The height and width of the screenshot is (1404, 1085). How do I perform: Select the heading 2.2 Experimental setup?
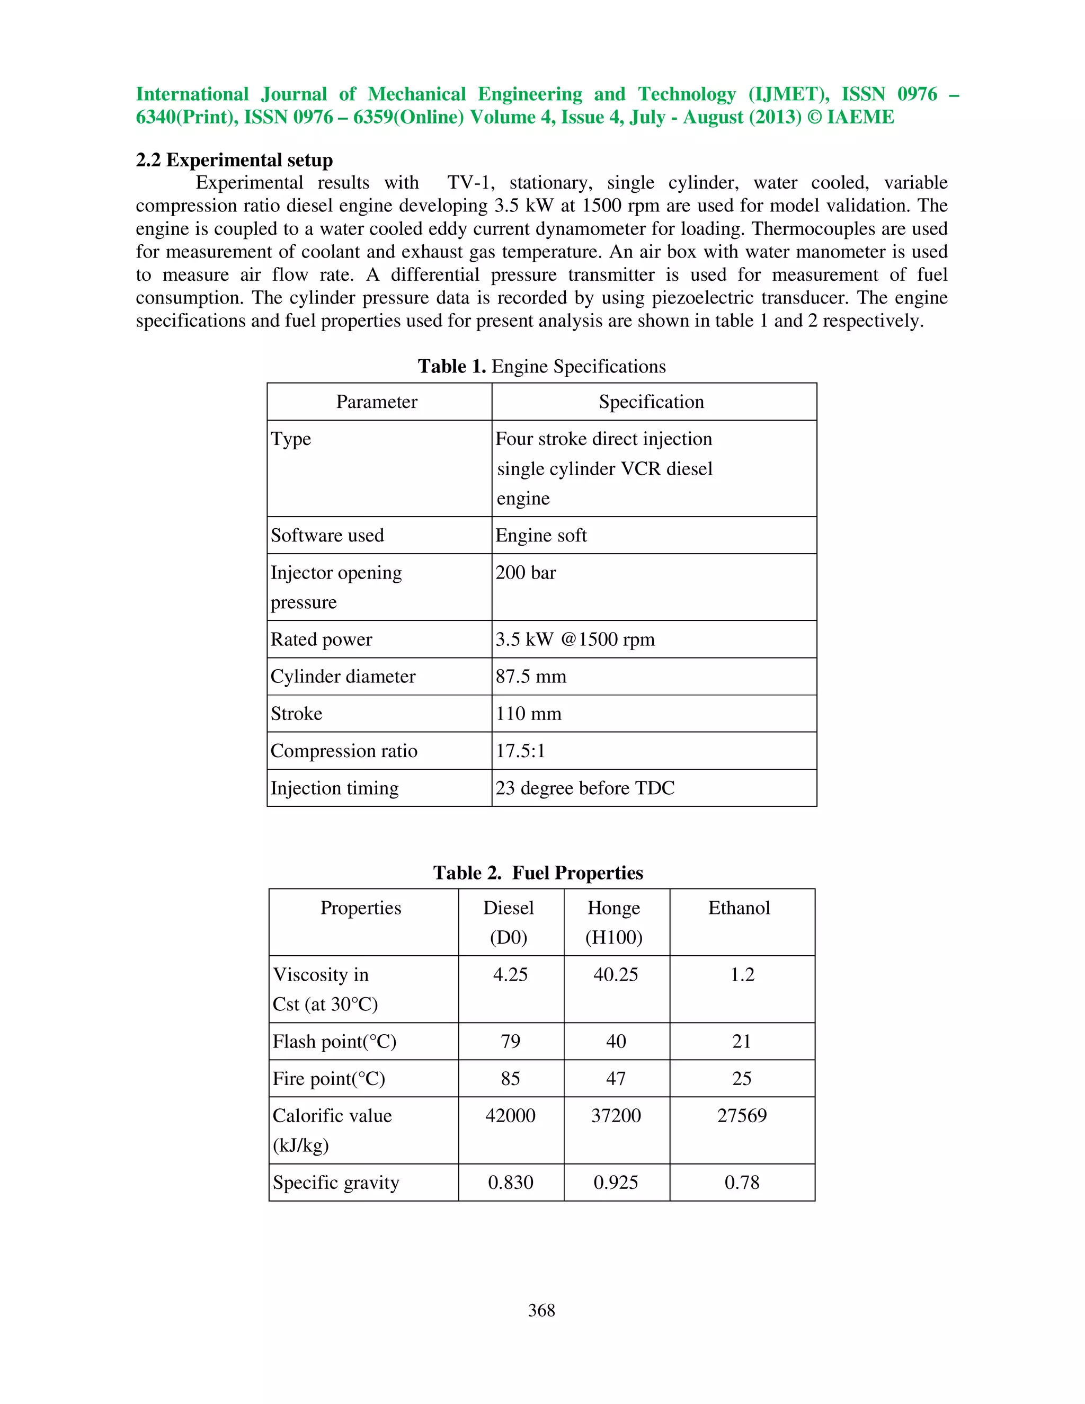click(x=234, y=159)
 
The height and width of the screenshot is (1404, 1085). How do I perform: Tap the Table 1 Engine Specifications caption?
click(x=541, y=367)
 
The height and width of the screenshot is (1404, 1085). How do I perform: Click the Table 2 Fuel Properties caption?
click(x=538, y=873)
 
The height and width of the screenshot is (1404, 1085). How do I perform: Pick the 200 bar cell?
click(x=525, y=573)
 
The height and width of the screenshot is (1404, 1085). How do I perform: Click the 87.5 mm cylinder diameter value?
click(x=530, y=676)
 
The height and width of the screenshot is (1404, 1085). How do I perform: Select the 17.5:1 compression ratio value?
click(x=520, y=751)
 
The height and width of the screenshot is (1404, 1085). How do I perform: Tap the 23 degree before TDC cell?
click(x=584, y=788)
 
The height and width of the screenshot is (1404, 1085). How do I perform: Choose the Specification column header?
click(x=651, y=402)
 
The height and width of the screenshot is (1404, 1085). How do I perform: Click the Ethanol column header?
click(x=739, y=908)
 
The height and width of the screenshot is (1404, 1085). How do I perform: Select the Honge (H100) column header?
click(x=614, y=922)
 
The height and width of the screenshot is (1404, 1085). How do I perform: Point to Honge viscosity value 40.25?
click(x=615, y=974)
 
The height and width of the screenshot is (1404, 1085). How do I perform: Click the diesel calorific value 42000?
click(x=510, y=1115)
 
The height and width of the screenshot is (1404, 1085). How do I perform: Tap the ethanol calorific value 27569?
click(x=742, y=1115)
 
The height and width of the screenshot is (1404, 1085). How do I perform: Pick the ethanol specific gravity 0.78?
click(x=742, y=1182)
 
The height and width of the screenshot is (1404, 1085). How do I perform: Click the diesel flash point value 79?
click(x=510, y=1042)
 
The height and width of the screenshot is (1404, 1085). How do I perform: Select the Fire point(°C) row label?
click(x=328, y=1079)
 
